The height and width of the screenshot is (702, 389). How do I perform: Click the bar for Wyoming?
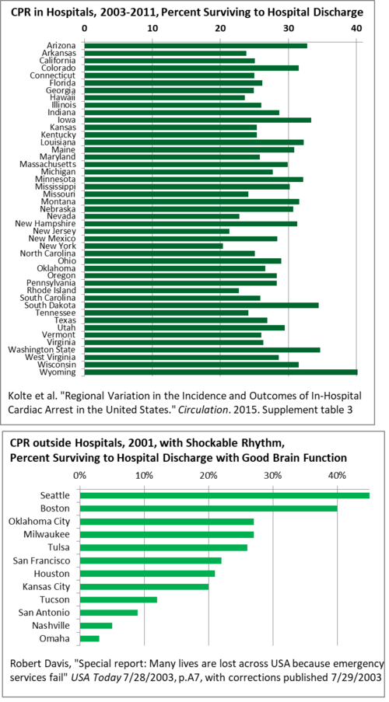point(221,372)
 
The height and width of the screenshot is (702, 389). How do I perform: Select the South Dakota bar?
point(202,306)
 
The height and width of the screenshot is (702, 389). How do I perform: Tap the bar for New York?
point(154,246)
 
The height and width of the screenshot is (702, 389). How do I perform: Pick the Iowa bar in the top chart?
point(198,120)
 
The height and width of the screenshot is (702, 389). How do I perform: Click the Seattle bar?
point(225,495)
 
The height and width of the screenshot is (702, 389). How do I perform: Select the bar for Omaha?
point(89,638)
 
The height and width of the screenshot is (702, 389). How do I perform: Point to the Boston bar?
point(209,508)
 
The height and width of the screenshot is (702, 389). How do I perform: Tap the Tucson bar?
point(118,599)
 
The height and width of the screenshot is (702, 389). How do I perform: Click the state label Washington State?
point(42,350)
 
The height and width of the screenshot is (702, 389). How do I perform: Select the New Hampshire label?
point(46,223)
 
